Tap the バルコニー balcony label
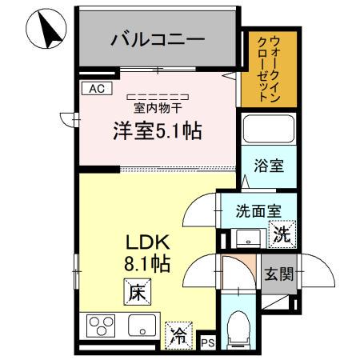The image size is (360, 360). (x=158, y=38)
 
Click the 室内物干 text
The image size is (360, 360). (x=156, y=106)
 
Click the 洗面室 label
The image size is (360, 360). (x=257, y=211)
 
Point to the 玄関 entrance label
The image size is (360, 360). (x=279, y=274)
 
